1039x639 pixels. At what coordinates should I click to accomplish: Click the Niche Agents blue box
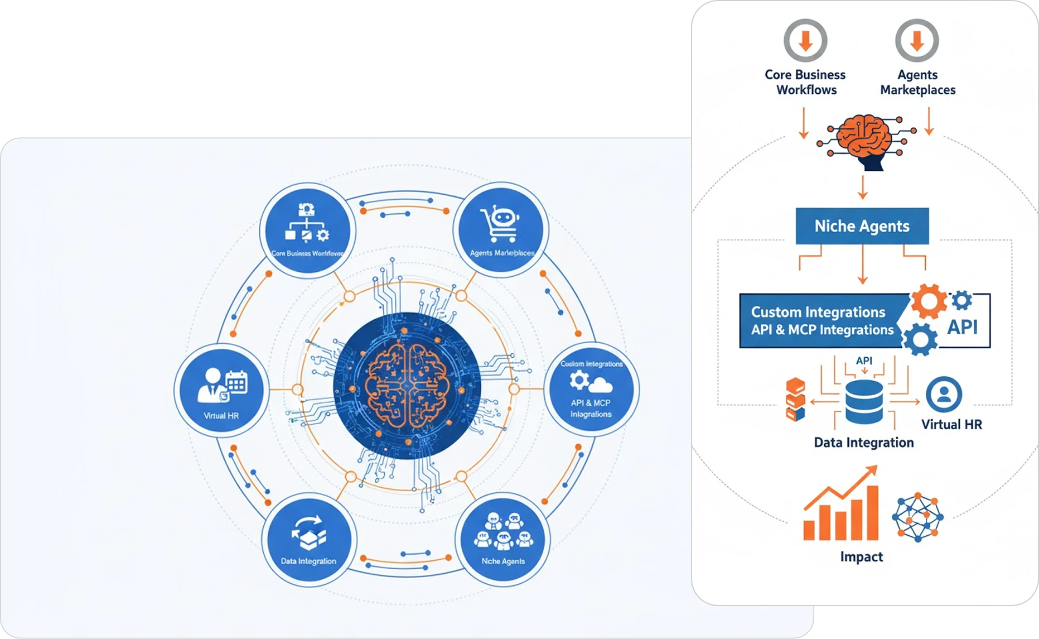[x=862, y=226]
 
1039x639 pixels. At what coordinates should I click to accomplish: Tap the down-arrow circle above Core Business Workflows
[x=805, y=41]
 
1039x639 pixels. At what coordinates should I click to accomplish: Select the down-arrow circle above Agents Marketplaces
[x=917, y=41]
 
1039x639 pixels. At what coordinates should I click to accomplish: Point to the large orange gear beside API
[x=929, y=302]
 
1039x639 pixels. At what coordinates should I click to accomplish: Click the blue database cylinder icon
[x=864, y=402]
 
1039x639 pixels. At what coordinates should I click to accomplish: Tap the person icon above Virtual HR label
[x=944, y=395]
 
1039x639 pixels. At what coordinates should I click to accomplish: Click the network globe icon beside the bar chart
[x=917, y=517]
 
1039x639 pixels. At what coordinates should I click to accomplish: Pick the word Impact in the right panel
[x=862, y=556]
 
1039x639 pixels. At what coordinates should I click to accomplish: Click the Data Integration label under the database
[x=864, y=443]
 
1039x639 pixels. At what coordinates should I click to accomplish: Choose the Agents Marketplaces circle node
[x=501, y=229]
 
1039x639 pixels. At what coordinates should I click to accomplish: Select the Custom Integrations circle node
[x=591, y=389]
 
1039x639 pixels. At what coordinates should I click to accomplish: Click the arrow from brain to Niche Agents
[x=863, y=188]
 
